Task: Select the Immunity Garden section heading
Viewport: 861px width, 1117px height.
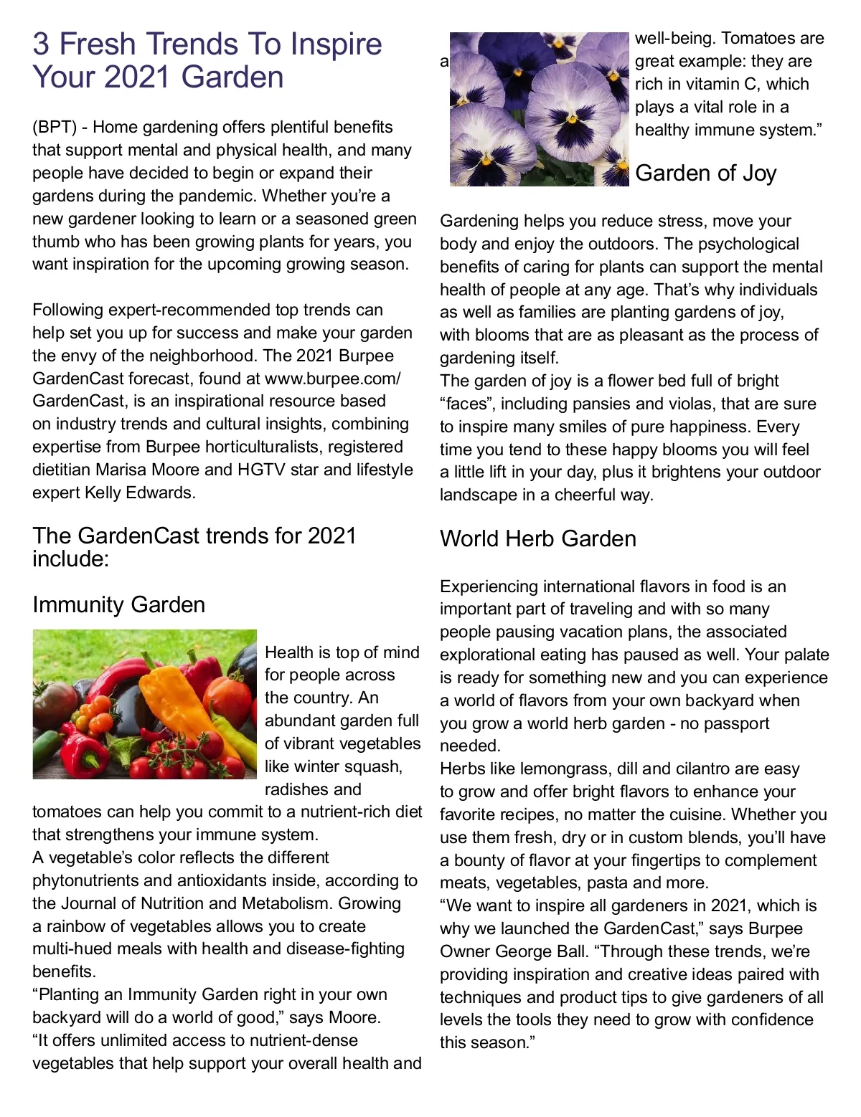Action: point(118,605)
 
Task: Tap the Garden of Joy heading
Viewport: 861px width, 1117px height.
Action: point(705,174)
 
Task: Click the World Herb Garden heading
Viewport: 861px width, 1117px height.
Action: point(537,539)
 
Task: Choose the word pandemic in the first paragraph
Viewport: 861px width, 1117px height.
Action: point(216,196)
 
